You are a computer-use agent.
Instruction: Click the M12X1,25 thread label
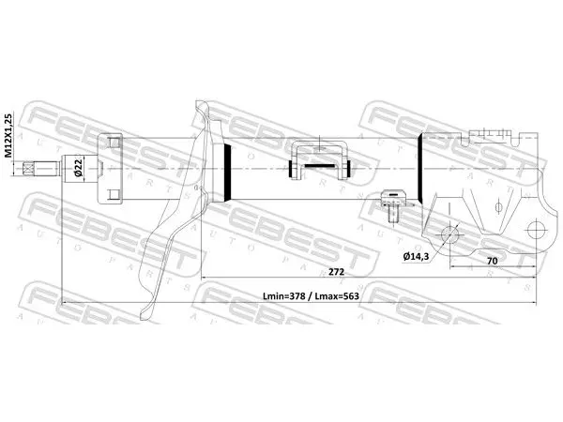(8, 135)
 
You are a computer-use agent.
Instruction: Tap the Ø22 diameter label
(78, 168)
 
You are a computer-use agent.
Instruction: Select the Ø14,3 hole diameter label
(416, 256)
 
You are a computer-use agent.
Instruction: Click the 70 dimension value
(492, 261)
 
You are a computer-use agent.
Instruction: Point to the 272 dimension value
(336, 272)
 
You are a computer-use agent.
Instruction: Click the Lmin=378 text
(284, 296)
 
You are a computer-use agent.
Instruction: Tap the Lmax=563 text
(337, 296)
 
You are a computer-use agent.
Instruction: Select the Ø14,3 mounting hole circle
(449, 234)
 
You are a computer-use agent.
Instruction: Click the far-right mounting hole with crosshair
(537, 230)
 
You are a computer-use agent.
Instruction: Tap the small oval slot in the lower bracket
(498, 207)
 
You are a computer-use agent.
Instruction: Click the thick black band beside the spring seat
(227, 172)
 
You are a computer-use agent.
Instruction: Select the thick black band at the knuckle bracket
(419, 168)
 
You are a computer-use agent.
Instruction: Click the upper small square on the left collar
(114, 143)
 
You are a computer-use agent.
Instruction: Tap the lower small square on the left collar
(114, 195)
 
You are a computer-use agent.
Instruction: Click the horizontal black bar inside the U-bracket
(320, 166)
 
